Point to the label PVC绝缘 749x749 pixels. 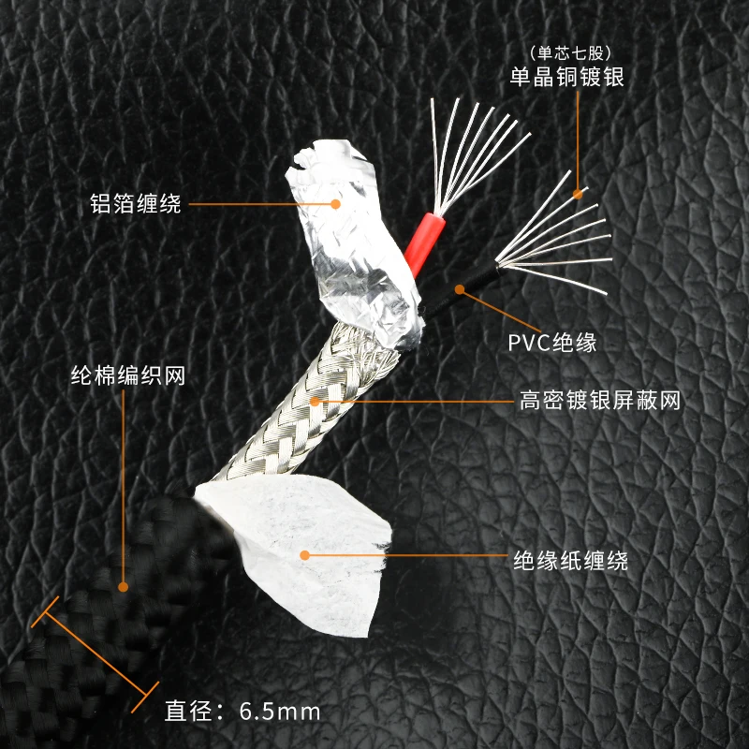552,343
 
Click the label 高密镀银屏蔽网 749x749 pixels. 599,402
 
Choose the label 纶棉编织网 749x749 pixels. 128,376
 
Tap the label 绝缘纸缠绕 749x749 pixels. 570,561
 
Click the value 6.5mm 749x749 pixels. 280,712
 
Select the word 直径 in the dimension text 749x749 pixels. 184,712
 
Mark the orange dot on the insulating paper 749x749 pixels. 303,555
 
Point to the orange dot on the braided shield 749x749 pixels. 316,401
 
